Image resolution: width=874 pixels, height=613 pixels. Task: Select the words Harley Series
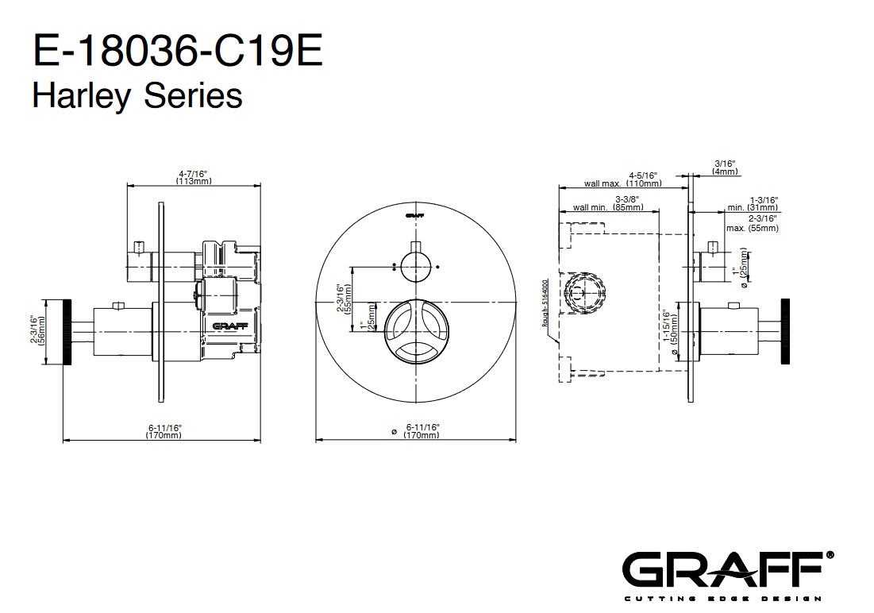tap(137, 95)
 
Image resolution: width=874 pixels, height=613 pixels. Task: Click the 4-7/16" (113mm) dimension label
tap(194, 177)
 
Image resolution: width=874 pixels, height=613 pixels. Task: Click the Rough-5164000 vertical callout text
tap(545, 303)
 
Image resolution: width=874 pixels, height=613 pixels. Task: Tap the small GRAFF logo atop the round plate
tap(414, 214)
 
